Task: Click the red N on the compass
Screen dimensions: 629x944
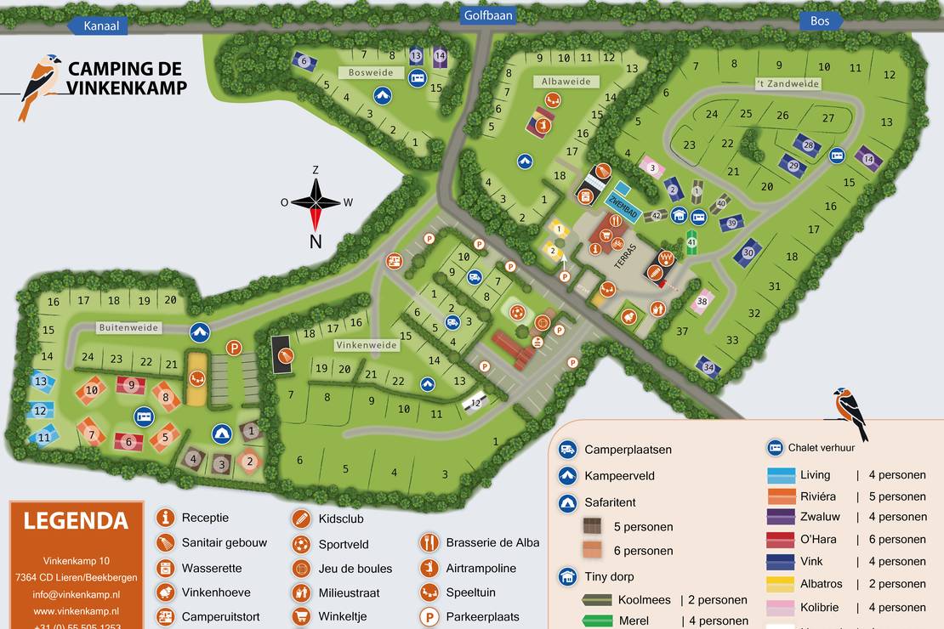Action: [316, 241]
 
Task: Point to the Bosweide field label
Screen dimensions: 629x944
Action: [372, 73]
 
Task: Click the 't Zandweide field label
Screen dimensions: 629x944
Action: [788, 84]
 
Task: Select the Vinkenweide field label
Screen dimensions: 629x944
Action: [367, 346]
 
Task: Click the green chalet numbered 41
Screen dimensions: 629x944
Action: [691, 242]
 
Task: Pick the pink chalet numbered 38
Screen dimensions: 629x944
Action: [702, 301]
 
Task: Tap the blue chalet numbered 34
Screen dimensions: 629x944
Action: [708, 367]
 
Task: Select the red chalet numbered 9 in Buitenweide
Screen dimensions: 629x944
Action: [131, 385]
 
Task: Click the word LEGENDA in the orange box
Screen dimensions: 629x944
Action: [76, 520]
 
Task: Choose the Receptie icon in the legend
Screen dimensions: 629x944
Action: [166, 518]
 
